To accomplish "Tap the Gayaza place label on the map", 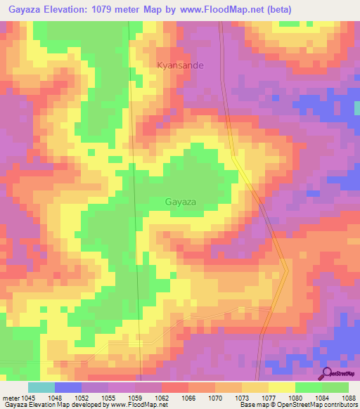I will [180, 202].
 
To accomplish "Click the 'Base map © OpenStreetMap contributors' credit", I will [298, 405].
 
